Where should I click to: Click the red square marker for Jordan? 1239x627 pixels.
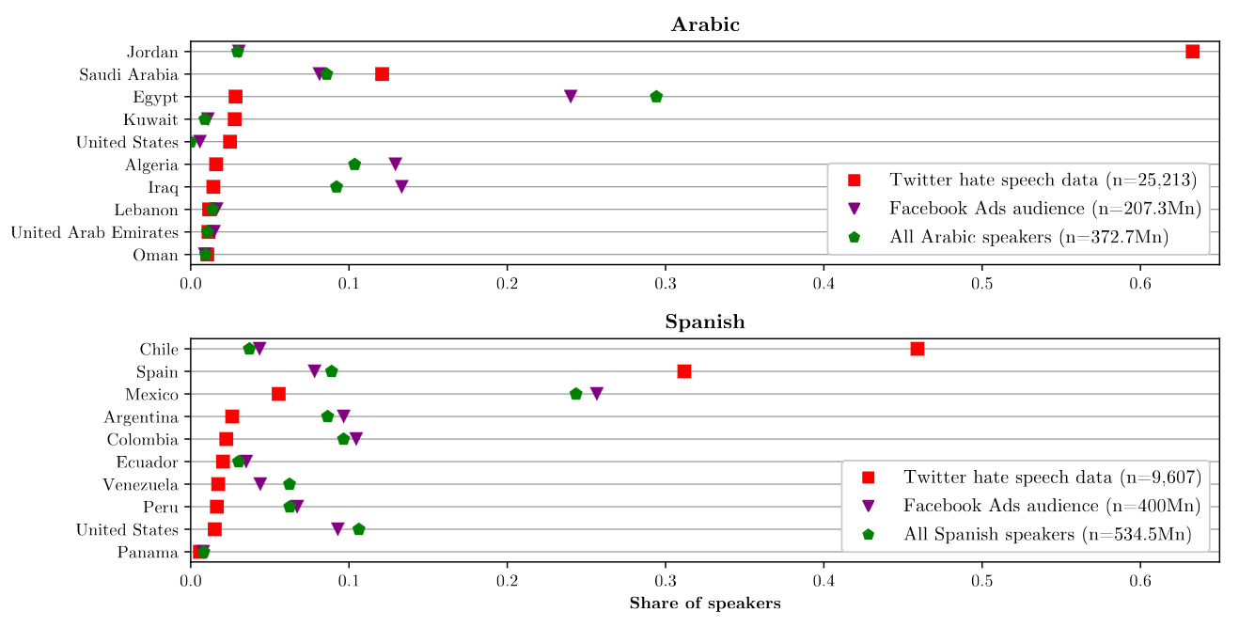tap(1192, 52)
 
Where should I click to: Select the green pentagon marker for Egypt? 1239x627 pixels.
tap(656, 97)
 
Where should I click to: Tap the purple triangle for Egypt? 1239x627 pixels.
tap(571, 97)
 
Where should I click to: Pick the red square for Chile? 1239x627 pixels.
tap(917, 349)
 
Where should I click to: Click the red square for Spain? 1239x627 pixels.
tap(684, 371)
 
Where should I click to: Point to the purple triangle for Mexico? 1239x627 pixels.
tap(596, 394)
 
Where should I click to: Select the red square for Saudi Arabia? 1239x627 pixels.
tap(382, 74)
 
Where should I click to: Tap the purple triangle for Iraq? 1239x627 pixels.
tap(401, 187)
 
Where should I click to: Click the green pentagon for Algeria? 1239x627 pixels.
tap(354, 165)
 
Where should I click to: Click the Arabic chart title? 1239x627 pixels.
tap(705, 25)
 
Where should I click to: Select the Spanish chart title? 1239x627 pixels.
tap(705, 322)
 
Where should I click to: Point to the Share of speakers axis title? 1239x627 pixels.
tap(705, 603)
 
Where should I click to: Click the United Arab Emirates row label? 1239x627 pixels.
tap(95, 232)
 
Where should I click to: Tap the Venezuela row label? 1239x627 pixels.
tap(141, 484)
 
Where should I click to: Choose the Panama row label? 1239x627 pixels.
tap(148, 552)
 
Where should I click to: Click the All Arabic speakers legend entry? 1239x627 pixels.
tap(1028, 238)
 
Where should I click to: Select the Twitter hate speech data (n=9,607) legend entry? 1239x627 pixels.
tap(1052, 477)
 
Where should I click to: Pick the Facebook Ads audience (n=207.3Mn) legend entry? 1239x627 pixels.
tap(1045, 209)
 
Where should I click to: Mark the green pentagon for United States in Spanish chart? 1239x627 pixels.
tap(358, 529)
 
